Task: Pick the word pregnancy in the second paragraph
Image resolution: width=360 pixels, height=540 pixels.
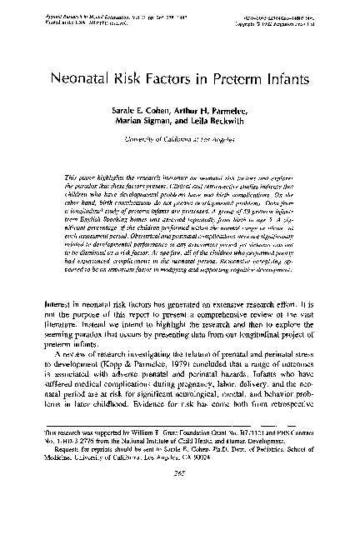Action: click(207, 393)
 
